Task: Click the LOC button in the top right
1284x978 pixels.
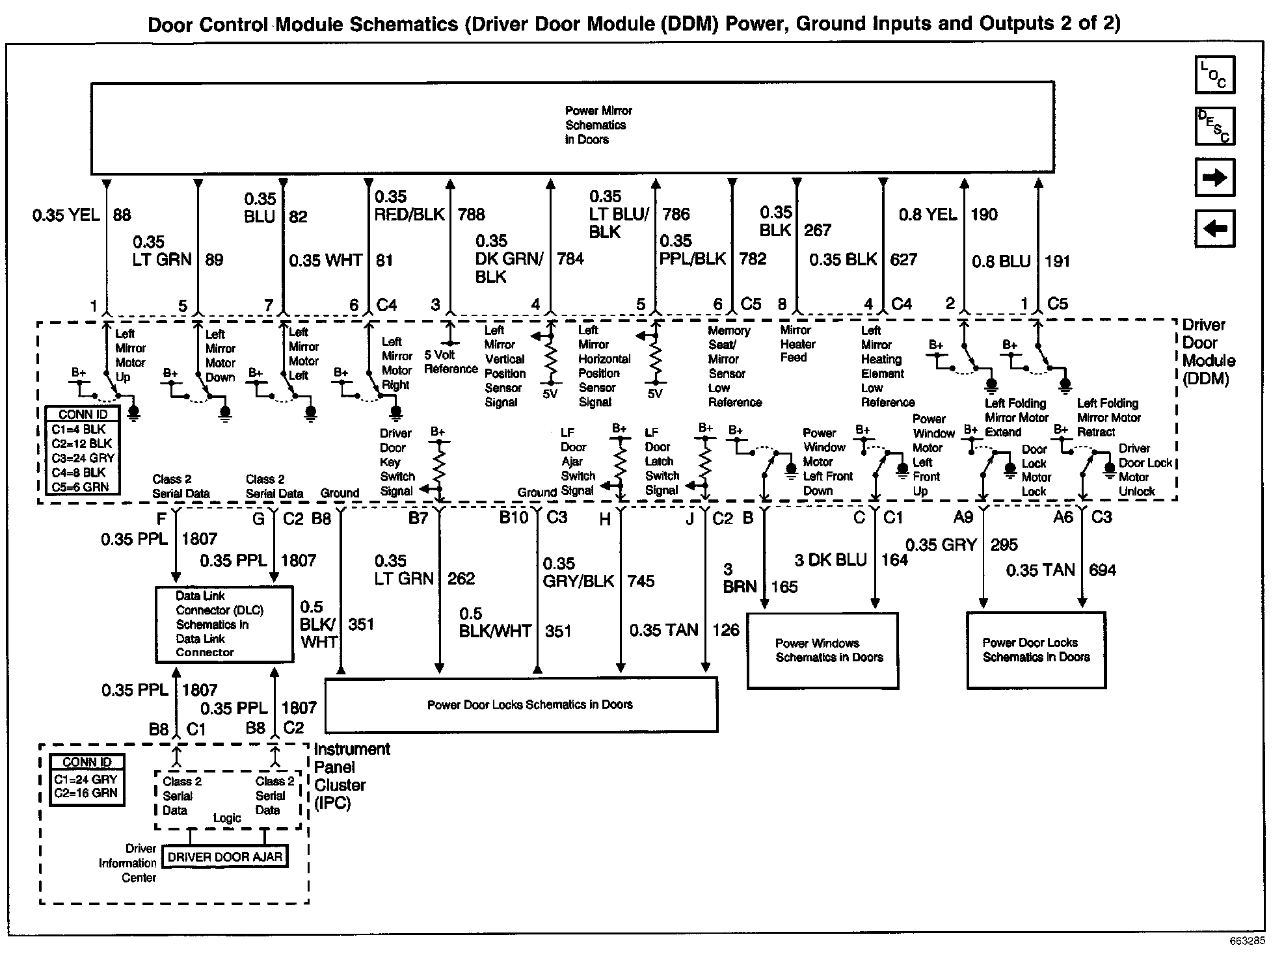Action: pyautogui.click(x=1214, y=74)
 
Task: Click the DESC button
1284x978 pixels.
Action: pyautogui.click(x=1214, y=126)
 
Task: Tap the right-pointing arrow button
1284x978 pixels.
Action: pyautogui.click(x=1214, y=177)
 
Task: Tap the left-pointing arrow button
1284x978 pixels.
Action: pyautogui.click(x=1214, y=228)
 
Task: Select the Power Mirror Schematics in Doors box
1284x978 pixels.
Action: pyautogui.click(x=572, y=127)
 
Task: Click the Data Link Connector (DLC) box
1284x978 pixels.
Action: pyautogui.click(x=224, y=624)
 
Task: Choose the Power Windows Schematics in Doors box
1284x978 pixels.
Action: pyautogui.click(x=822, y=650)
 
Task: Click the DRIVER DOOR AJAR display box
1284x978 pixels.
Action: pyautogui.click(x=224, y=856)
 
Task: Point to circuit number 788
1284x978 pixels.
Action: pyautogui.click(x=471, y=215)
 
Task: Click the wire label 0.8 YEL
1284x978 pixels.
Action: pyautogui.click(x=928, y=215)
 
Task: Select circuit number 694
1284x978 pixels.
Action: pyautogui.click(x=1102, y=570)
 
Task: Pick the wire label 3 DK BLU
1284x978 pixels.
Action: pyautogui.click(x=831, y=560)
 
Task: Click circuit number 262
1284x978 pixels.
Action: pyautogui.click(x=461, y=579)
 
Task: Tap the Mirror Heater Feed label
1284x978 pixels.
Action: pyautogui.click(x=797, y=343)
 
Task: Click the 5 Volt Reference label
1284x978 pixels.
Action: pyautogui.click(x=450, y=362)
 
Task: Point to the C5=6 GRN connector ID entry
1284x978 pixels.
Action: pyautogui.click(x=81, y=486)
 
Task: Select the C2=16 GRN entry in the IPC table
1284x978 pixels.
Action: pyautogui.click(x=86, y=793)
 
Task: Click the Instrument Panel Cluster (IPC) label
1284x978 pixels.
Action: pyautogui.click(x=351, y=776)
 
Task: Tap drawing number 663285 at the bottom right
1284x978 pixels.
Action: pyautogui.click(x=1247, y=941)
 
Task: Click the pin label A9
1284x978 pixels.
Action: pyautogui.click(x=963, y=517)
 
